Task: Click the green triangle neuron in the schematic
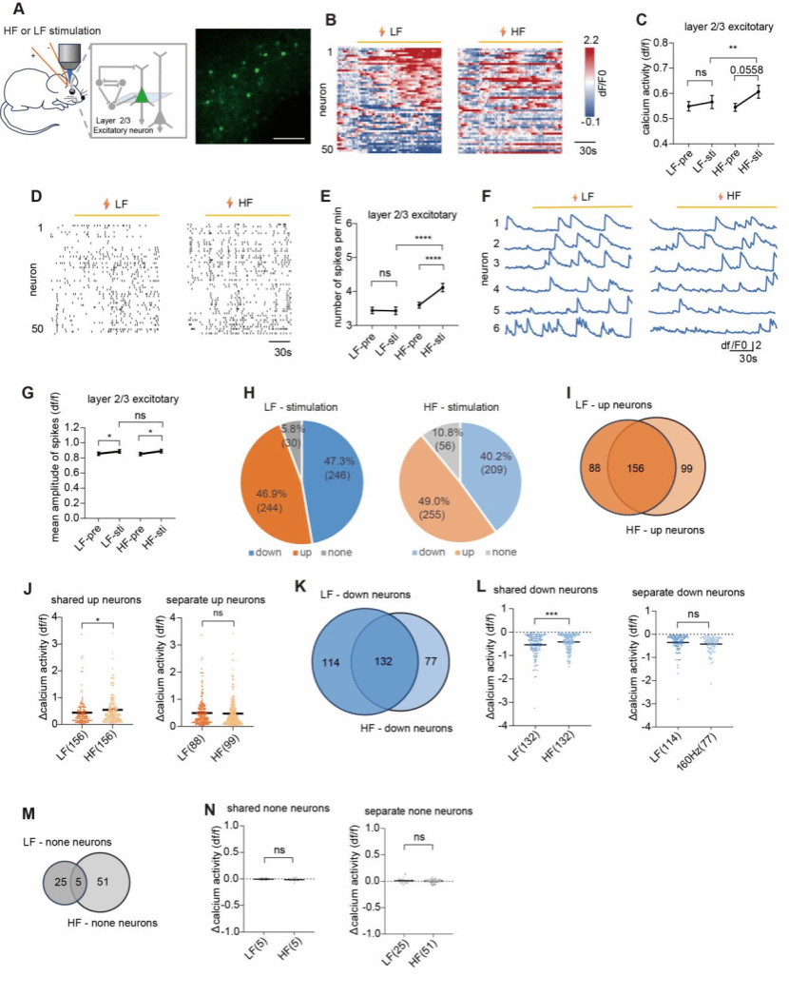[140, 94]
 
